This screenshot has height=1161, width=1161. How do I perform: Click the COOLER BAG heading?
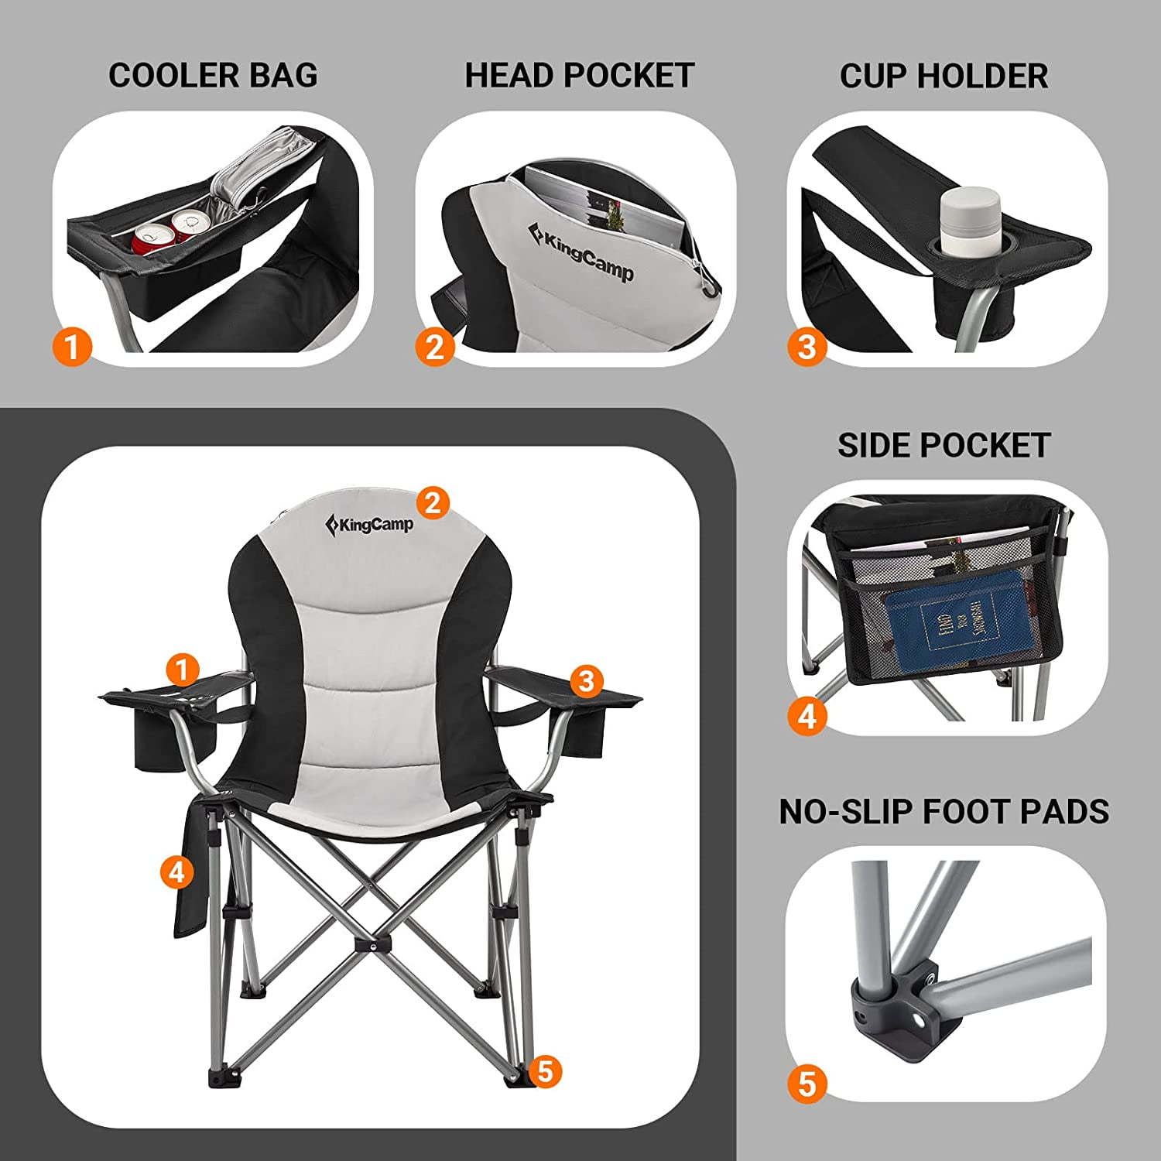pos(213,76)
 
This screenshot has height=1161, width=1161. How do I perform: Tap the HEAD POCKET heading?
pos(579,76)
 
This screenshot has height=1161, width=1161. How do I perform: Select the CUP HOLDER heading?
pos(944,76)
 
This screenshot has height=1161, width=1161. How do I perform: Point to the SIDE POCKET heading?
pos(944,446)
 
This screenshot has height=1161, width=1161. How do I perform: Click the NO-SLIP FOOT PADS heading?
pos(944,811)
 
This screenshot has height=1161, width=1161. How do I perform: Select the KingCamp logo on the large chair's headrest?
pos(369,525)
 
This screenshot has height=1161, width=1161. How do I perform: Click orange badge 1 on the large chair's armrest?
pos(183,670)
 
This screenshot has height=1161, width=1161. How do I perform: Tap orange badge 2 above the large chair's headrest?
pos(433,503)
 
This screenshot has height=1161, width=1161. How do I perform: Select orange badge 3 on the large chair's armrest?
pos(586,681)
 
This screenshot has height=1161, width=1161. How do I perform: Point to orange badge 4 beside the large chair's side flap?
pos(176,872)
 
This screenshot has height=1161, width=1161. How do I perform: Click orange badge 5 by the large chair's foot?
pos(546,1072)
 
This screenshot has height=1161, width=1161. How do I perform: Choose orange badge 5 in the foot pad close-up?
pos(807,1084)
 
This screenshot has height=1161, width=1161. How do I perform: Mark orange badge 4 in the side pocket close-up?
pos(807,717)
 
